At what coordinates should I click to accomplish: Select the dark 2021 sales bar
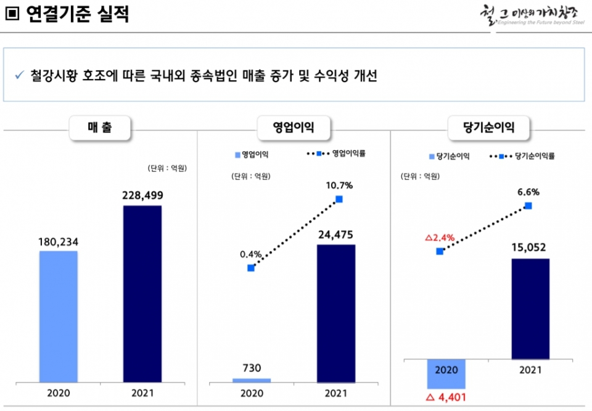142,294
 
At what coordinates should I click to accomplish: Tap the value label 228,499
142,196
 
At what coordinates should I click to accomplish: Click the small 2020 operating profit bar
251,380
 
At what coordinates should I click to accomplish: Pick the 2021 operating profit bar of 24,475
335,313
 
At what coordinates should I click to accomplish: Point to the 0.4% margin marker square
251,268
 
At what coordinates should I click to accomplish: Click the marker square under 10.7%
339,199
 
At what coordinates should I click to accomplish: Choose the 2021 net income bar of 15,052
530,309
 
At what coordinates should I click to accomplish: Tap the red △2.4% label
440,237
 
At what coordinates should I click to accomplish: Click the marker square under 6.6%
528,205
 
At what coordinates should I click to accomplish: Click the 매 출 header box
99,128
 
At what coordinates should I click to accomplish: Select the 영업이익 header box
294,128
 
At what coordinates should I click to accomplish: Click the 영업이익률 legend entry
336,153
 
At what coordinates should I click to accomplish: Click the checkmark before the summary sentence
19,75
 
